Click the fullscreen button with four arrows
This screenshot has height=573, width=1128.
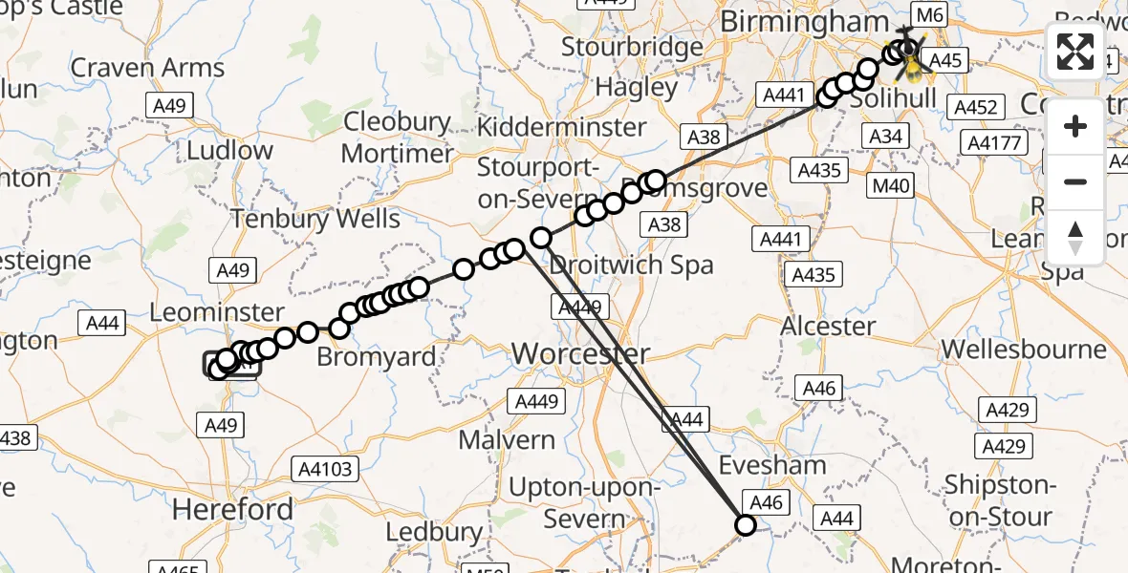(1075, 52)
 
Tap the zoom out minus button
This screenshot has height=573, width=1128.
(1075, 182)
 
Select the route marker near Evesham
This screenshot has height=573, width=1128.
(745, 524)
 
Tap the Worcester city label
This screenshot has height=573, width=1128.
(581, 354)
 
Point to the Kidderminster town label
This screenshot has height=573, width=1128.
(561, 126)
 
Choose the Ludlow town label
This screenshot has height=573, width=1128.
(229, 150)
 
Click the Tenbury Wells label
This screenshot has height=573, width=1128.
(316, 219)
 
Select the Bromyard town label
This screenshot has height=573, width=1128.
(376, 357)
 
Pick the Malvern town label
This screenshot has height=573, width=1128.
(507, 440)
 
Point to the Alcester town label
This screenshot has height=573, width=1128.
(828, 326)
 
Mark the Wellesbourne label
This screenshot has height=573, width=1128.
(1024, 349)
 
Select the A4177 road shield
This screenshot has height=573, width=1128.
(996, 144)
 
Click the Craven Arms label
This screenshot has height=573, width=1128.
(147, 68)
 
